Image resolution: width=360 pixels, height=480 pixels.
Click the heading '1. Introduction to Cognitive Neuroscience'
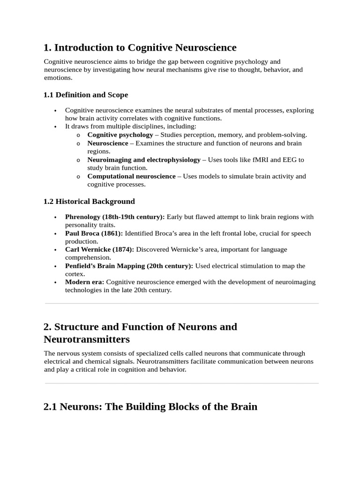click(x=140, y=47)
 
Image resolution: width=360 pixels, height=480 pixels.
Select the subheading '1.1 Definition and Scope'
click(x=85, y=95)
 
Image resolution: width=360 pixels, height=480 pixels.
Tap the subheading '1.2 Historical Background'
click(x=89, y=201)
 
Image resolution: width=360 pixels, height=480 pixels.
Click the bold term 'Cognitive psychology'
click(x=120, y=135)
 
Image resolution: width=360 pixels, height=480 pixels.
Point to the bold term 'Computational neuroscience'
click(x=131, y=176)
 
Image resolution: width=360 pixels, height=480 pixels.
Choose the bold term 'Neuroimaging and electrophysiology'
click(x=143, y=160)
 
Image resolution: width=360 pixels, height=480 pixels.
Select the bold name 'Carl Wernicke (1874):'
click(x=99, y=249)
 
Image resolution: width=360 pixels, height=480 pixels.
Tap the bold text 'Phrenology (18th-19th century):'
click(x=115, y=217)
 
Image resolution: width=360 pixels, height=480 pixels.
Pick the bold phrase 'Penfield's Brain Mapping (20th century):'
click(x=129, y=266)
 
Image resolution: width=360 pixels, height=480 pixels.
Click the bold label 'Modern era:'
click(x=85, y=282)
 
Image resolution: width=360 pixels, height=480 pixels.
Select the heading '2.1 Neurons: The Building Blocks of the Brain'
click(x=150, y=406)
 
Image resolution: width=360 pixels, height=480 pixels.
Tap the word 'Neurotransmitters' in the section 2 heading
click(x=86, y=339)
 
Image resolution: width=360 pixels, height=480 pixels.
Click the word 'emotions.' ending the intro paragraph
click(x=58, y=78)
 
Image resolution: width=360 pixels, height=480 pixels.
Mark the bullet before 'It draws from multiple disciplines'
click(x=55, y=127)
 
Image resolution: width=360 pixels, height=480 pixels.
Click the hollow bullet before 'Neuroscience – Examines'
click(x=78, y=143)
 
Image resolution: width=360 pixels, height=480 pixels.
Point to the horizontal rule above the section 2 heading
click(x=181, y=303)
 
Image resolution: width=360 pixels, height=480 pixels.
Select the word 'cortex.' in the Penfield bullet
click(x=75, y=274)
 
